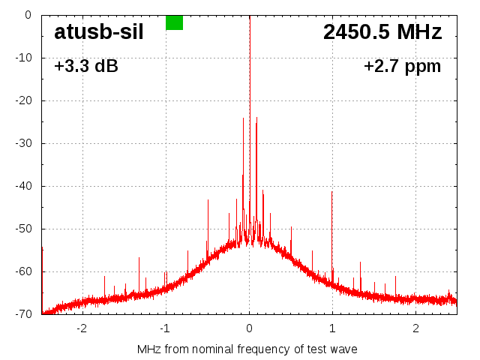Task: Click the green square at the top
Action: [174, 22]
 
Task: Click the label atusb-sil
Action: [98, 32]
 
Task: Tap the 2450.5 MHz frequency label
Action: [382, 32]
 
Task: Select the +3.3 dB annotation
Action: [86, 67]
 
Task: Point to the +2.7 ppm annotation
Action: [403, 67]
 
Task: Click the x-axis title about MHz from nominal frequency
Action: [247, 349]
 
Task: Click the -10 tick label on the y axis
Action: [24, 58]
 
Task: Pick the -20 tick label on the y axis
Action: [24, 100]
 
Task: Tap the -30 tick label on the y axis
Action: [24, 143]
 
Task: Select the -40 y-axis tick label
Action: [24, 186]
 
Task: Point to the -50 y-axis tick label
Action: [24, 229]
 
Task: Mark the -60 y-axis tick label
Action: [24, 271]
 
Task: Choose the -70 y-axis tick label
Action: [24, 314]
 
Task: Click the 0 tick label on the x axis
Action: [250, 328]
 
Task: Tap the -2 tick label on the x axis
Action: [82, 328]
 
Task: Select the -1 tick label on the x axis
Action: [165, 328]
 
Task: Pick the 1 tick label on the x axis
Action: [332, 328]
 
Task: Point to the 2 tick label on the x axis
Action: [415, 328]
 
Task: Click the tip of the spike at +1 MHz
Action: [332, 191]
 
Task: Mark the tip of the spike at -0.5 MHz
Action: [208, 200]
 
